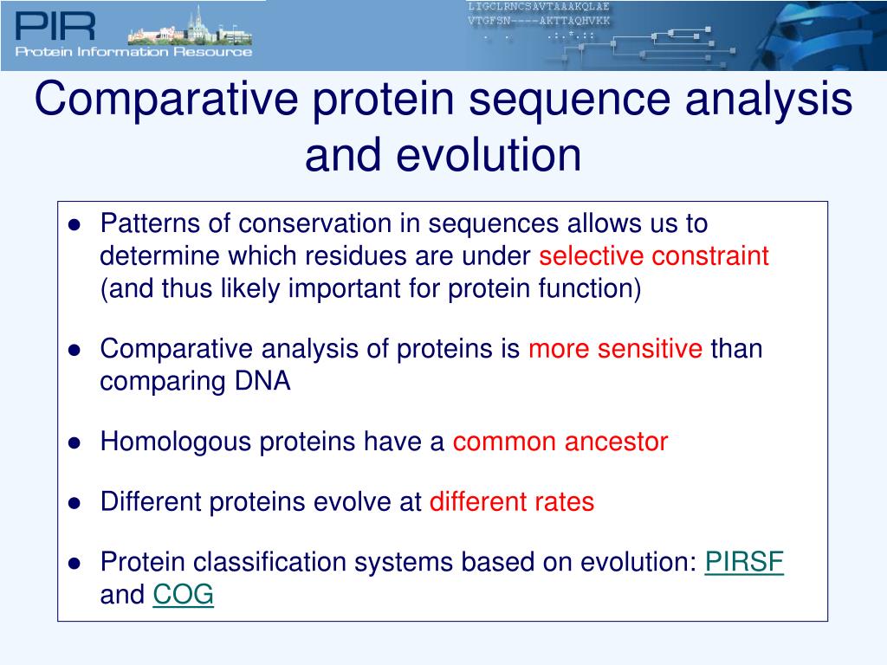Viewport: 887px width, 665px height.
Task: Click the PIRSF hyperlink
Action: (744, 562)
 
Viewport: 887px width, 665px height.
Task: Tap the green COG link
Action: (184, 594)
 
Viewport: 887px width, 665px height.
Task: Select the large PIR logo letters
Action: (55, 27)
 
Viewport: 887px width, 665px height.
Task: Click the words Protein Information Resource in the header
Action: (133, 52)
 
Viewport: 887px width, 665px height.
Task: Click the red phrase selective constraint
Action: (654, 256)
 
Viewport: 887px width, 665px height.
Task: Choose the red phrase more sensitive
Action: (616, 348)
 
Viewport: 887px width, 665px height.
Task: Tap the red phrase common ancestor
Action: (560, 442)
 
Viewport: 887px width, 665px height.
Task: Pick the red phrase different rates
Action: (512, 502)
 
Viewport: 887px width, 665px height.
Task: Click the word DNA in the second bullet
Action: (262, 381)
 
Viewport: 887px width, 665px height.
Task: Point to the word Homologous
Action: (175, 442)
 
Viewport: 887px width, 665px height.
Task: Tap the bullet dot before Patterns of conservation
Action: (74, 225)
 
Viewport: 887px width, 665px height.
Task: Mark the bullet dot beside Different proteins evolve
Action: (74, 503)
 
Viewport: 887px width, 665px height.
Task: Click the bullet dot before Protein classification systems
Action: (74, 564)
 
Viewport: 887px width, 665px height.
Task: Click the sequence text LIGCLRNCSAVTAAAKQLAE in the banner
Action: (539, 7)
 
